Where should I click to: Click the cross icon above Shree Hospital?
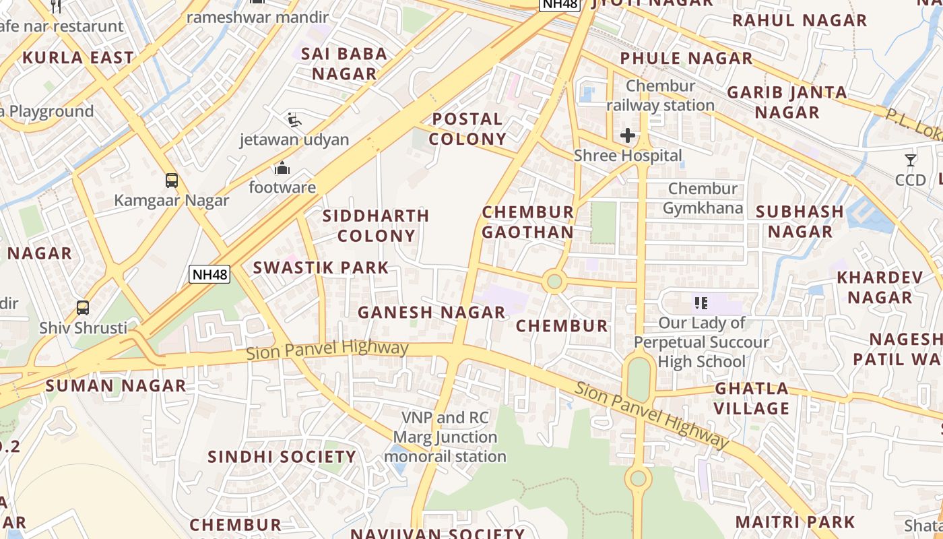628,135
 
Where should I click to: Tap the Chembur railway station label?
660,96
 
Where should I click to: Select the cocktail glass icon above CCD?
911,160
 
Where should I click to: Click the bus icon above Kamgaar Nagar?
172,180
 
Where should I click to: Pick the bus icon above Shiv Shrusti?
83,307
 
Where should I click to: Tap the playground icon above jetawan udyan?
294,120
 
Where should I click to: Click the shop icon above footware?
282,167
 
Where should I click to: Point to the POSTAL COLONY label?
467,129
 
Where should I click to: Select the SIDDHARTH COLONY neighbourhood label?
376,226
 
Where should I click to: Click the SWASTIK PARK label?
321,267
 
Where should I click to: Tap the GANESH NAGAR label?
431,313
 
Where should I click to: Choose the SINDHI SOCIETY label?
282,457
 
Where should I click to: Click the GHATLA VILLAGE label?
752,398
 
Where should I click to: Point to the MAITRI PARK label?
795,522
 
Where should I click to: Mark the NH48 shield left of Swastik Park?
209,274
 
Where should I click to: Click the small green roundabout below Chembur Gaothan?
554,281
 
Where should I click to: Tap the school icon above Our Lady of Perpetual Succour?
701,303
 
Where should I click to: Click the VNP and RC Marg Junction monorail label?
445,437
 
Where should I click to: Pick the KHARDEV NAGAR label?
880,287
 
